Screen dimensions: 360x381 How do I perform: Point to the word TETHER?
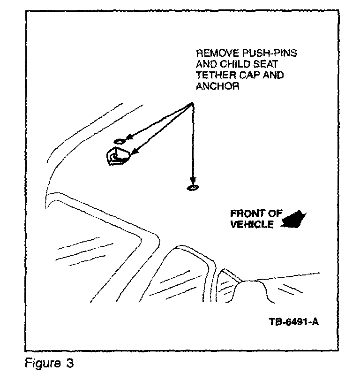coord(215,76)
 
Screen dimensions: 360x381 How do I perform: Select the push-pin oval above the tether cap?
coord(119,141)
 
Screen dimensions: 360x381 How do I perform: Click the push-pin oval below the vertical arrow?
coord(192,188)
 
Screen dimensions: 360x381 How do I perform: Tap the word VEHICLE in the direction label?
coord(252,224)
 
